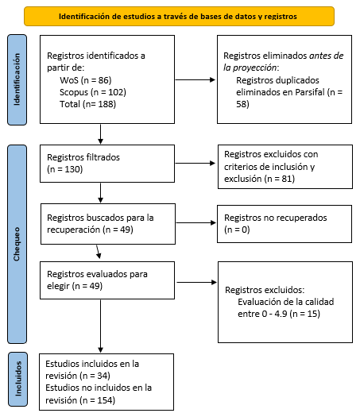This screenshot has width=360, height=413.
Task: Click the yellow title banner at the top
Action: pos(179,15)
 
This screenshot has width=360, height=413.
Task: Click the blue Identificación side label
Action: pos(17,80)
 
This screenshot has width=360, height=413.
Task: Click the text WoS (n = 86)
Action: pos(86,80)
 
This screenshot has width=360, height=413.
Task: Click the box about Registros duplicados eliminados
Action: pos(285,80)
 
